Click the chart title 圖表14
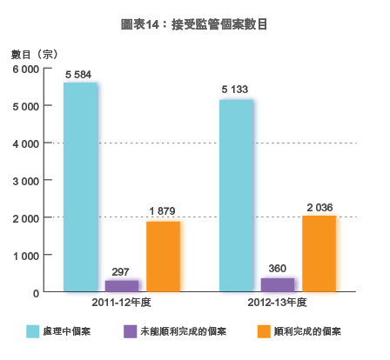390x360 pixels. [194, 26]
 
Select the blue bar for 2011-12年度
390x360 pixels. [80, 187]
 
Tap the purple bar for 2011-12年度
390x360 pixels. [121, 285]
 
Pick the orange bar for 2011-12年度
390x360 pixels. [163, 257]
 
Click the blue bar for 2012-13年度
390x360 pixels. [236, 196]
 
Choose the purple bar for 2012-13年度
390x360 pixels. [277, 284]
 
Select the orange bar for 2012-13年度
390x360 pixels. [319, 253]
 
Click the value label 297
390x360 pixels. [121, 272]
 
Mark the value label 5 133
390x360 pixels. [236, 91]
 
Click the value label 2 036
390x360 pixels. [319, 207]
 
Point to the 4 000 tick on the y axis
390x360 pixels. [24, 143]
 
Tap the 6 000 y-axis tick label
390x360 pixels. [24, 69]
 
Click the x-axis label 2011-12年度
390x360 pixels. [121, 303]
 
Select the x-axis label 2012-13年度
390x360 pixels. [277, 303]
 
